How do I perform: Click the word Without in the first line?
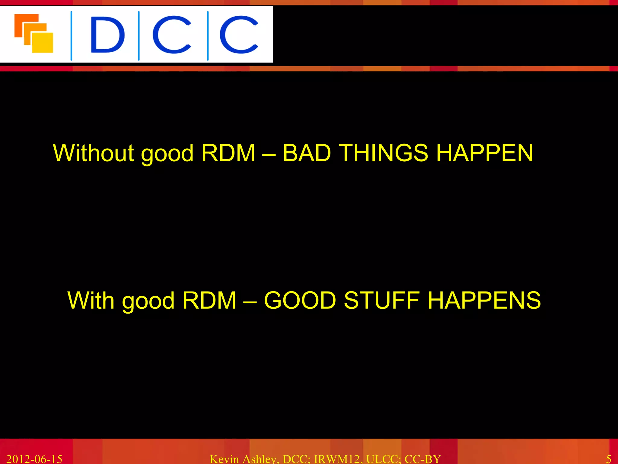click(93, 153)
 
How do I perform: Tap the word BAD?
click(307, 153)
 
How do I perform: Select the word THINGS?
click(383, 153)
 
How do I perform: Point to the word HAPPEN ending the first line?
click(485, 153)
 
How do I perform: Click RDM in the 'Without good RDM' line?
click(228, 153)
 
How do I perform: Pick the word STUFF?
click(381, 301)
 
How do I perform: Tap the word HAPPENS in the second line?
click(484, 301)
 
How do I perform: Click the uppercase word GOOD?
click(300, 301)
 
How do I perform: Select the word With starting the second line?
click(91, 301)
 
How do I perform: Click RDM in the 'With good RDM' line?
click(209, 301)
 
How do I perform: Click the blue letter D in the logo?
click(107, 34)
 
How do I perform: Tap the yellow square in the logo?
click(43, 43)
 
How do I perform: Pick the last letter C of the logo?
click(239, 34)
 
